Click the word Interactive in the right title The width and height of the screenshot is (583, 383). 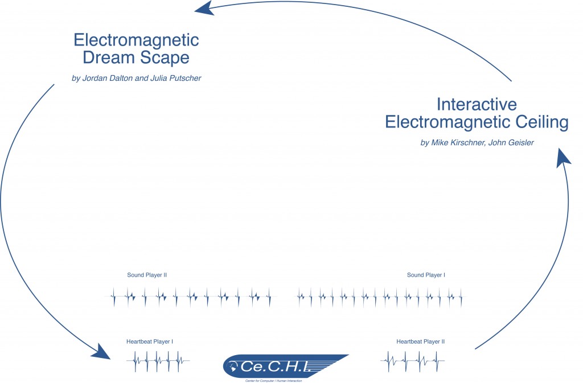[477, 104]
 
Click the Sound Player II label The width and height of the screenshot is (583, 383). [147, 275]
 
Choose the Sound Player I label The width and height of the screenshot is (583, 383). [426, 275]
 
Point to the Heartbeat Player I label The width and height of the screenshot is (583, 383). [150, 341]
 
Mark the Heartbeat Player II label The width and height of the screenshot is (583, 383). [420, 341]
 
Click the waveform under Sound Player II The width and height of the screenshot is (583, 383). [191, 296]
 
